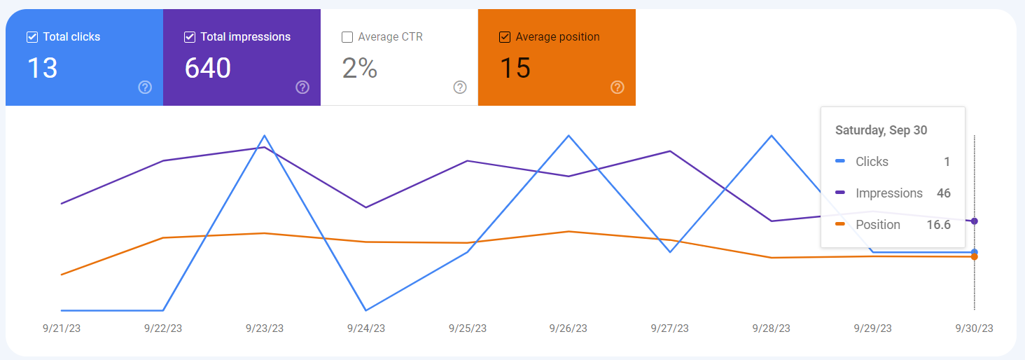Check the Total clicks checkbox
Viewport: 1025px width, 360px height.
[x=32, y=37]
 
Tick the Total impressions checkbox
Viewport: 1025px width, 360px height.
[x=189, y=37]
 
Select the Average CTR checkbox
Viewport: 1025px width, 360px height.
[x=347, y=37]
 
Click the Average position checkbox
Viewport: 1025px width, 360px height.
[x=505, y=37]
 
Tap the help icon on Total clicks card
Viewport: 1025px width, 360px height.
[x=145, y=88]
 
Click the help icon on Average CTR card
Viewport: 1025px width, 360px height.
[x=460, y=88]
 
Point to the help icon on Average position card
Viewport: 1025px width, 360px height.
[x=618, y=88]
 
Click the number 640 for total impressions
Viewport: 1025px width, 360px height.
[x=208, y=68]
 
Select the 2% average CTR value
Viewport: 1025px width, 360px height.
[x=360, y=68]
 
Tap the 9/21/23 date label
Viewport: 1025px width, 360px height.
[x=62, y=328]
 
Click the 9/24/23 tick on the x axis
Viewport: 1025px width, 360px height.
[x=365, y=328]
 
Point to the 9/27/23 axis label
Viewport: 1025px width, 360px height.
[x=670, y=328]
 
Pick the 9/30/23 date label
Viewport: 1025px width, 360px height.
[x=974, y=328]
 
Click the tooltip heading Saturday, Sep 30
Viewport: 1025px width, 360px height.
[x=881, y=130]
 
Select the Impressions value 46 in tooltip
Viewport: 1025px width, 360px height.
[x=943, y=193]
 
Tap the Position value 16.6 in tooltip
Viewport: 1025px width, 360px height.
[x=938, y=225]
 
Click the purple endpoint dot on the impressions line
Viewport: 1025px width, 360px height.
[x=975, y=221]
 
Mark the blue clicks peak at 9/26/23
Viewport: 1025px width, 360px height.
[x=569, y=135]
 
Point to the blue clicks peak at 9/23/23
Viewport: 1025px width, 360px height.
[x=265, y=135]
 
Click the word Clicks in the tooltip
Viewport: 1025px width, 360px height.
[x=872, y=162]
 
